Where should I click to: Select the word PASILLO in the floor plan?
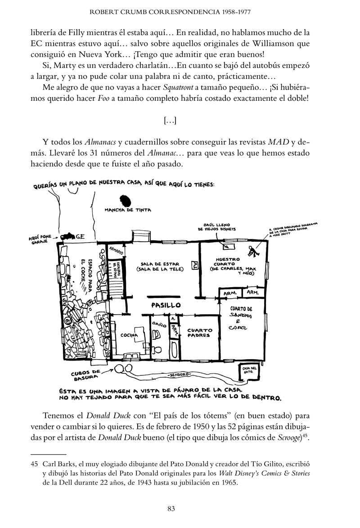tap(166, 305)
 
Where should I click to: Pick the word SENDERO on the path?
tap(179, 375)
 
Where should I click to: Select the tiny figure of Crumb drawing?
tap(254, 252)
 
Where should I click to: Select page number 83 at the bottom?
tap(171, 509)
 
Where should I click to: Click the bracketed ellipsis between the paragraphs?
tap(171, 120)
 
